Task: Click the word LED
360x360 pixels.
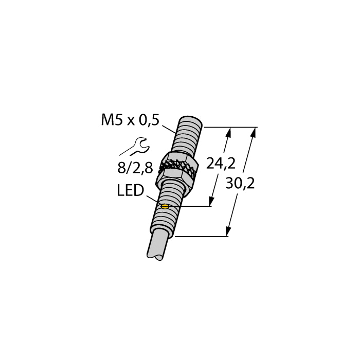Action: click(130, 192)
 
